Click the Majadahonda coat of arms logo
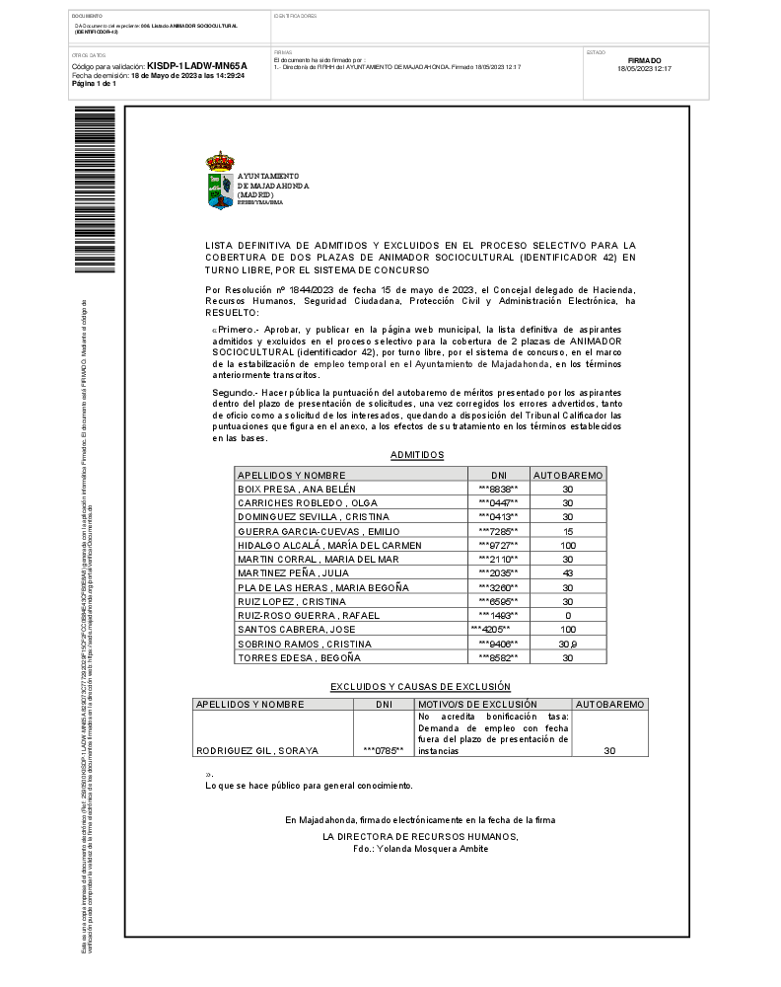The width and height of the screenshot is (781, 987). point(220,180)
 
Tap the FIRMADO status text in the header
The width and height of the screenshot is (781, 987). point(644,60)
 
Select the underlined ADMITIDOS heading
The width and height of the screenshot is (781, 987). point(417,455)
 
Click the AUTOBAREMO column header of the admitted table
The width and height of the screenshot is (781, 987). point(567,475)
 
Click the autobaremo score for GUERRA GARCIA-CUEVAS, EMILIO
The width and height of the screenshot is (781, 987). point(567,531)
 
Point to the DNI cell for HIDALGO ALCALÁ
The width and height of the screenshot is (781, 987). point(497,545)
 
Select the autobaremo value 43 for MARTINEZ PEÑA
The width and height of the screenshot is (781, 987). point(567,573)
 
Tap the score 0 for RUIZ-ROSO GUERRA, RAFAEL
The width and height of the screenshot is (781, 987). point(567,616)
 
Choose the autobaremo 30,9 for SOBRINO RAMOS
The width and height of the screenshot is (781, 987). point(567,644)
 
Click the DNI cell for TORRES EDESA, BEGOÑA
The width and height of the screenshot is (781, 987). point(497,657)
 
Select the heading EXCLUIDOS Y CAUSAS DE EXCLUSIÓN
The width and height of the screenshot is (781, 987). point(420,687)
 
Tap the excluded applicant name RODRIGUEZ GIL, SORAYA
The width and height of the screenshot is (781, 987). point(257,751)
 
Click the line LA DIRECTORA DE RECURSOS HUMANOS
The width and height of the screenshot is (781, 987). point(420,837)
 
